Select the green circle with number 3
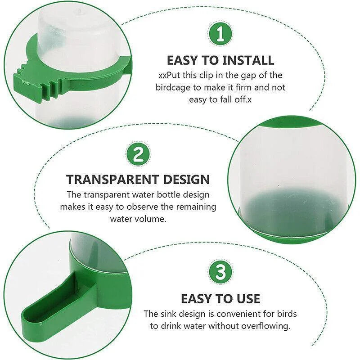[220, 273]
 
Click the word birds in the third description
[286, 314]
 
